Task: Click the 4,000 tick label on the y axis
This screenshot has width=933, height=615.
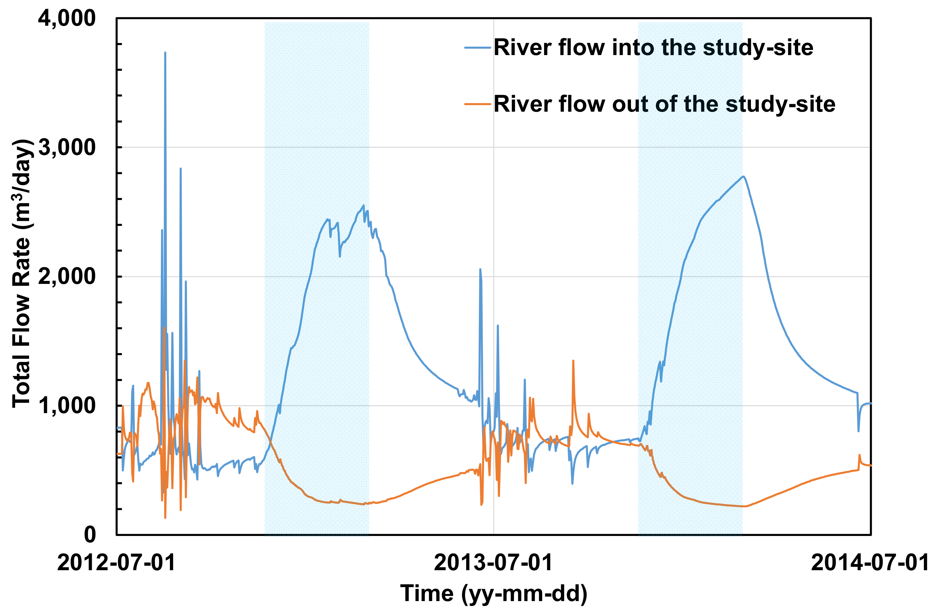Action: [x=66, y=18]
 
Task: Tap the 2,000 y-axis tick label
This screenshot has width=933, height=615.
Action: [x=66, y=277]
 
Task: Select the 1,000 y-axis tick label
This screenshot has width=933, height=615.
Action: [x=66, y=406]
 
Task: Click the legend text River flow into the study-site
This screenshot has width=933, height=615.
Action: [x=653, y=48]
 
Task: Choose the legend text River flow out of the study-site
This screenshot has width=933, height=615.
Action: [x=664, y=104]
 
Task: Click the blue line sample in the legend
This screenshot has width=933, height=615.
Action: [x=477, y=48]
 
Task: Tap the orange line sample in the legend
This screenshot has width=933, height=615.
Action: [x=477, y=104]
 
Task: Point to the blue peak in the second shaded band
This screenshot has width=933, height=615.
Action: [x=743, y=177]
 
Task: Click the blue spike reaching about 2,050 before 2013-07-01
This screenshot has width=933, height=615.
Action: [x=480, y=270]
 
